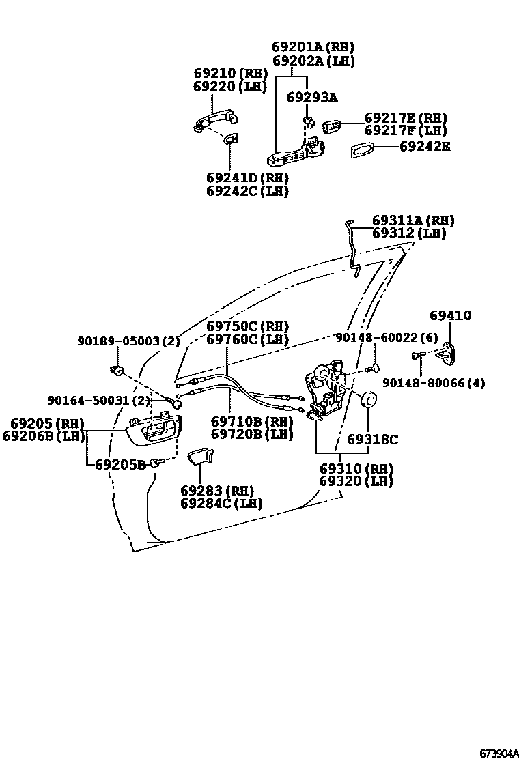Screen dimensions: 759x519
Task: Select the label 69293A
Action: pos(311,97)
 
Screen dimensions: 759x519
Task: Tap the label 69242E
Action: pos(424,146)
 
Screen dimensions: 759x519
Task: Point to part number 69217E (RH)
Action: pos(405,117)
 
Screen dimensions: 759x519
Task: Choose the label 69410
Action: pos(450,315)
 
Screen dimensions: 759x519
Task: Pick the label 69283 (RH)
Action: pos(216,490)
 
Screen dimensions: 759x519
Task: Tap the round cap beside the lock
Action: pos(369,401)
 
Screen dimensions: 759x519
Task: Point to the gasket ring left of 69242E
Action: pos(363,150)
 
